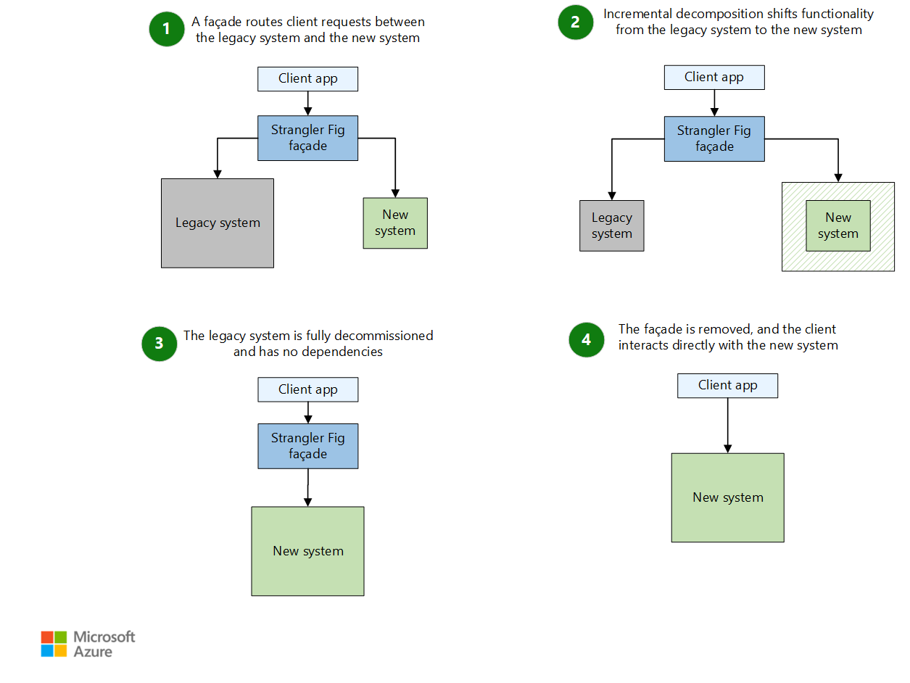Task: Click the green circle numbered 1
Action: tap(167, 29)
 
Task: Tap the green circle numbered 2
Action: tap(576, 22)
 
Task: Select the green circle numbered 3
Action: tap(160, 344)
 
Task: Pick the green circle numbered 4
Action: tap(587, 339)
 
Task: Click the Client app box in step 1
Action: tap(307, 79)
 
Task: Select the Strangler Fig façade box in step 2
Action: tap(714, 139)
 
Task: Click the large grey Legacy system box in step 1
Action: tap(218, 223)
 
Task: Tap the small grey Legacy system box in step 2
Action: tap(611, 225)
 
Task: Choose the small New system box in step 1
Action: tap(395, 223)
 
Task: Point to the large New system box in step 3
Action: tap(307, 551)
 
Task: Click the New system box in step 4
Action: tap(727, 497)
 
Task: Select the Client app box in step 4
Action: tap(727, 386)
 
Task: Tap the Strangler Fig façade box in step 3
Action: tap(307, 446)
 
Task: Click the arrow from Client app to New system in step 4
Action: tap(727, 424)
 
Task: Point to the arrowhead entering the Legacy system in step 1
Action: tap(217, 173)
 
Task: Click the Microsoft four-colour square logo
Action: tap(54, 644)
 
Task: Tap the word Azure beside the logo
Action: tap(93, 652)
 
